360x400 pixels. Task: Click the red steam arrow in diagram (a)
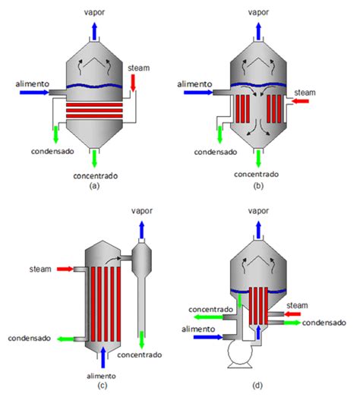[x=133, y=83]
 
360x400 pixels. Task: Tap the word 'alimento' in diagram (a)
[x=32, y=84]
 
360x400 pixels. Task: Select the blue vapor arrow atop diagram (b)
[x=258, y=31]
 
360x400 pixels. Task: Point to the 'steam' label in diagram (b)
[x=305, y=93]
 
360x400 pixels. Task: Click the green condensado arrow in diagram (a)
[x=55, y=134]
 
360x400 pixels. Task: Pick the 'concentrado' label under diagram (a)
[x=96, y=176]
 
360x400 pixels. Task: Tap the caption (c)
[x=102, y=386]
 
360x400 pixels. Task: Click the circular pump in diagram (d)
[x=240, y=352]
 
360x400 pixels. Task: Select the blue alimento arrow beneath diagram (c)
[x=103, y=357]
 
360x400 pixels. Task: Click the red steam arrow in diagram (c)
[x=65, y=269]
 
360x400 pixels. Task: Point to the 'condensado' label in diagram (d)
[x=324, y=323]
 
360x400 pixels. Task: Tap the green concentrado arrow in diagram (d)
[x=209, y=317]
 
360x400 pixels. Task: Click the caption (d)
[x=257, y=386]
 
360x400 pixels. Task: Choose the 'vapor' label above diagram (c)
[x=142, y=211]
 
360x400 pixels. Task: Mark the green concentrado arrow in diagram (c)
[x=141, y=339]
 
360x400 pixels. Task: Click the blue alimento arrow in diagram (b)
[x=198, y=93]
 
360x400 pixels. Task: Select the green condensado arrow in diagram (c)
[x=65, y=339]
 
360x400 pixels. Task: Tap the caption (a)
[x=94, y=186]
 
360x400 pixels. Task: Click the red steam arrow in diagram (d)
[x=292, y=313]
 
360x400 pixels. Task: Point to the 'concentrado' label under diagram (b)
[x=257, y=175]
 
